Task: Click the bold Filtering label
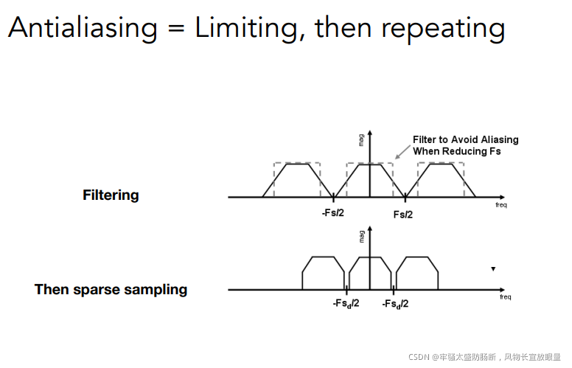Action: (111, 195)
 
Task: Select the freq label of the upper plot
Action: (501, 205)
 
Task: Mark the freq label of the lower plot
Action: (505, 297)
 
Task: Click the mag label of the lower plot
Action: (362, 236)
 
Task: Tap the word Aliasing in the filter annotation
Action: (495, 139)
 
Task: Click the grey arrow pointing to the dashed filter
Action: (400, 153)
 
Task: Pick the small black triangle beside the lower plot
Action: (493, 269)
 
